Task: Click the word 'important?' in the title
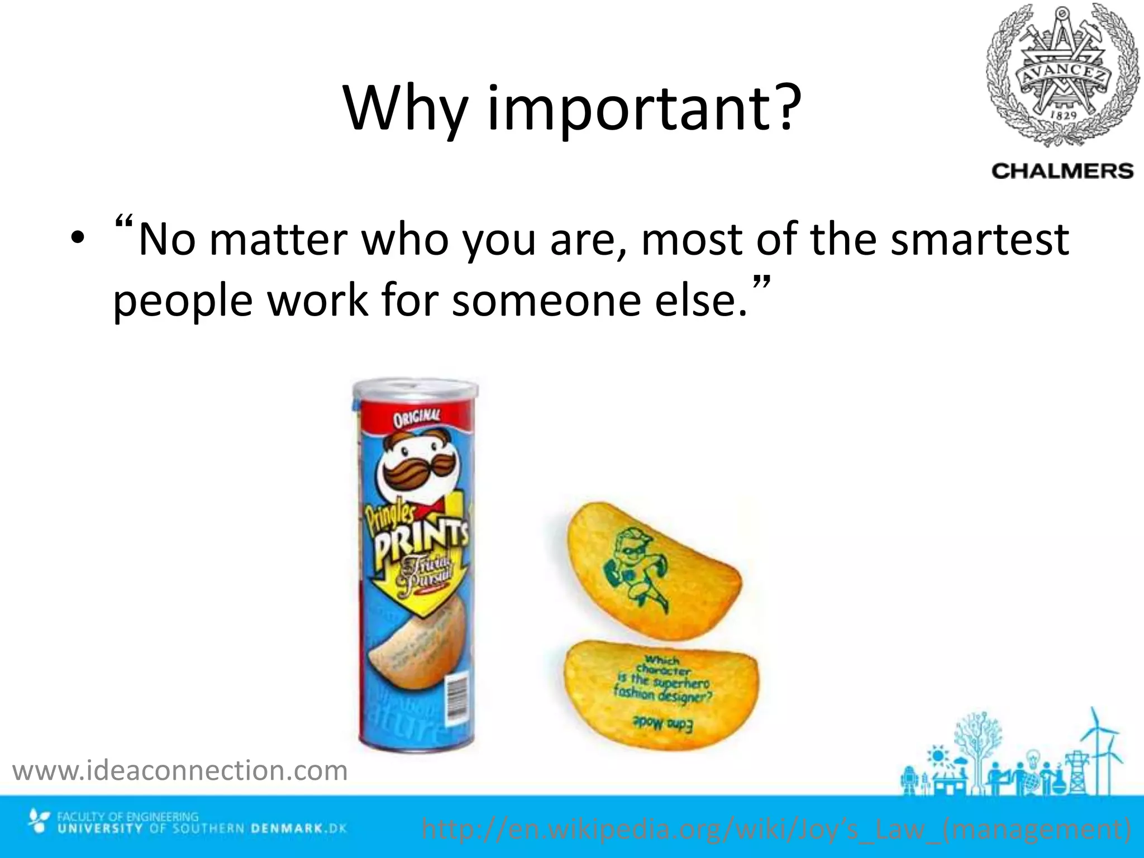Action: point(641,109)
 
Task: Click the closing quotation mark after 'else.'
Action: point(762,282)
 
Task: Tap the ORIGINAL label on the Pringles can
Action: point(416,418)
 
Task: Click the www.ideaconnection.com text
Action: point(180,771)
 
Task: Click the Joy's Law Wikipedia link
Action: point(776,829)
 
